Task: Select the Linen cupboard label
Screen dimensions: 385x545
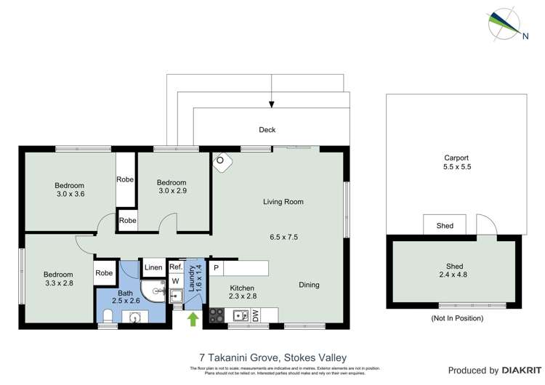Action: click(x=153, y=268)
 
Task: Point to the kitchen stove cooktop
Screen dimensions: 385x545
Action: click(x=217, y=315)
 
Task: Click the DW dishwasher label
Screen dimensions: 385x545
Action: click(x=256, y=315)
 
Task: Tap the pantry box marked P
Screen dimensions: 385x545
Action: click(x=217, y=268)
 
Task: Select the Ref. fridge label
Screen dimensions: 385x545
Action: click(x=175, y=267)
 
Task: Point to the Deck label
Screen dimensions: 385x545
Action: click(x=268, y=131)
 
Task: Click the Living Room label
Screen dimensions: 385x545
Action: click(x=283, y=202)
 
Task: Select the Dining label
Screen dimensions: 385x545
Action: click(x=307, y=285)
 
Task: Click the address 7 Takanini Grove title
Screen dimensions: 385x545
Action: click(x=272, y=357)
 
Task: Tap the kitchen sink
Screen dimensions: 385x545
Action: click(x=237, y=315)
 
